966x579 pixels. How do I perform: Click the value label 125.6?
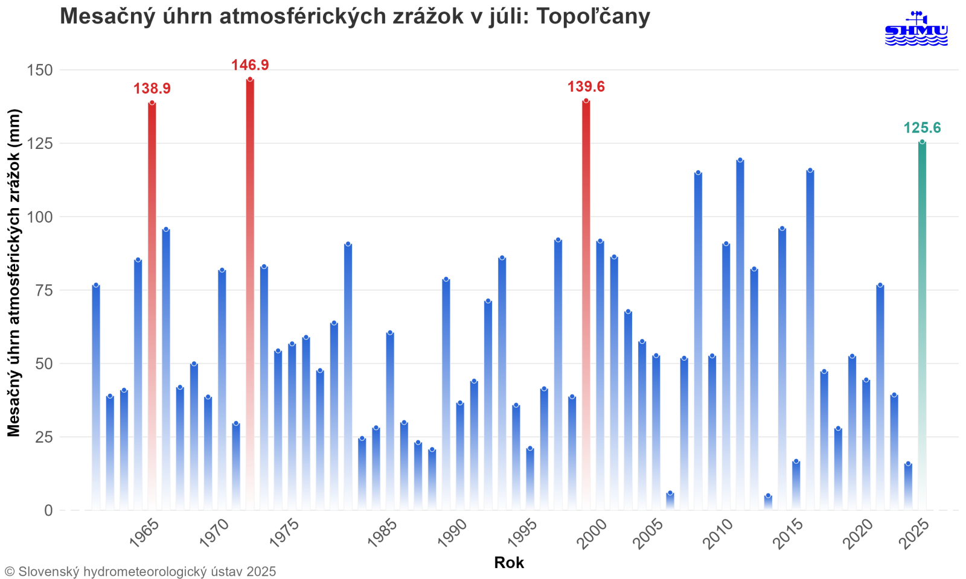click(922, 128)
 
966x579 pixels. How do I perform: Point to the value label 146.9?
click(250, 65)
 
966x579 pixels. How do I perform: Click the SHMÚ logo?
click(916, 30)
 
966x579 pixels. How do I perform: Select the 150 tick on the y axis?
click(40, 71)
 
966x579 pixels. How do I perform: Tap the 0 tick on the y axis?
click(48, 511)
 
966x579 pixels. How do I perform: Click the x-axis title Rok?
click(509, 563)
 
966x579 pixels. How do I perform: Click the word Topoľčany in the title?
click(593, 16)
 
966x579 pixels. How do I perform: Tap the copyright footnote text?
click(140, 571)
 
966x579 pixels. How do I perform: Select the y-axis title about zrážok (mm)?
click(14, 273)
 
